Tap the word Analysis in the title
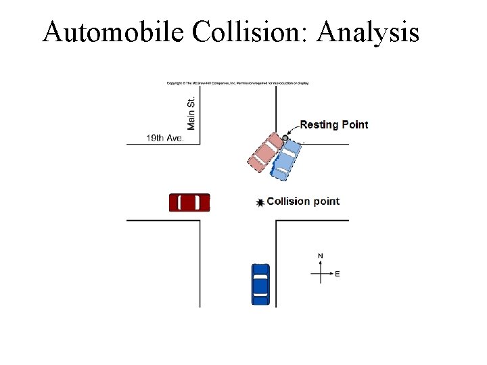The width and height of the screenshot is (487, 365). point(367,32)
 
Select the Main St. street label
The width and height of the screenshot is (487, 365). point(191,113)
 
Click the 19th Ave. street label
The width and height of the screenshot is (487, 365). point(164,138)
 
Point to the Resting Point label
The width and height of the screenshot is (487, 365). point(334,124)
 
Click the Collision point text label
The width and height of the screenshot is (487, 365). point(303,201)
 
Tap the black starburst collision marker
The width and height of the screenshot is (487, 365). point(260,202)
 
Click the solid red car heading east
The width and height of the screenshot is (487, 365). point(189,203)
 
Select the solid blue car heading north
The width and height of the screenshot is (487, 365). point(260,284)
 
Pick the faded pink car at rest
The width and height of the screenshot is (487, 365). point(266,151)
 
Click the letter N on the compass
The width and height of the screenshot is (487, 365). point(321,255)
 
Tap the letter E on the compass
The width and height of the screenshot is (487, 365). point(338,274)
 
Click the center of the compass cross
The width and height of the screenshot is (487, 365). point(321,274)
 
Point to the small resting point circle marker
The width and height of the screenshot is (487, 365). point(285,138)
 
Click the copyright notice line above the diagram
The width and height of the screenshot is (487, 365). point(237,84)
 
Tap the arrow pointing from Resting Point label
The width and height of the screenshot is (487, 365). point(292,130)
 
